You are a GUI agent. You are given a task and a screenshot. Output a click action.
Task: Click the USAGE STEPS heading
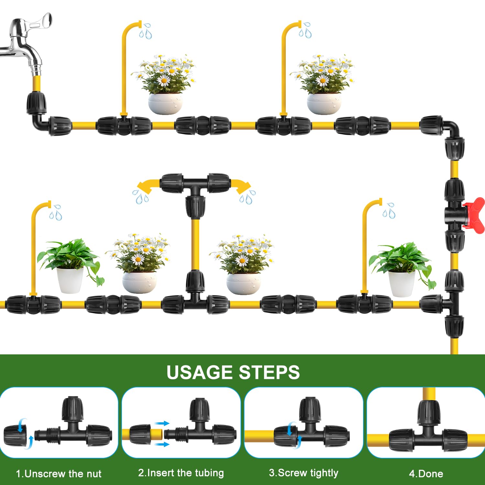[x=233, y=372]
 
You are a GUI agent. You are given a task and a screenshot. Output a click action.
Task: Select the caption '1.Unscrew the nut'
[x=59, y=474]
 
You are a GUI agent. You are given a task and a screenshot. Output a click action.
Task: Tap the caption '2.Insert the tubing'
[x=181, y=473]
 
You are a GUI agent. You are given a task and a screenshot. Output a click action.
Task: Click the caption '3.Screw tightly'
[x=303, y=473]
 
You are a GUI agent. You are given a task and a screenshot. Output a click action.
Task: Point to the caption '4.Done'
[x=426, y=474]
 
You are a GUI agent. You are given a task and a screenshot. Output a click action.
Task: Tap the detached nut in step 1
[x=16, y=436]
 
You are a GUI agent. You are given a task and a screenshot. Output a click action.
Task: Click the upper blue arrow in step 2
[x=162, y=423]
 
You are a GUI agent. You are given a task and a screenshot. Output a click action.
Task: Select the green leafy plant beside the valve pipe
[x=401, y=259]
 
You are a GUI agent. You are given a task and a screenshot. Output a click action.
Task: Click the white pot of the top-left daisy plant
[x=165, y=103]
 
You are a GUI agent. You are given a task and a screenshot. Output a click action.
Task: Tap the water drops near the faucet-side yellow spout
[x=145, y=31]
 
